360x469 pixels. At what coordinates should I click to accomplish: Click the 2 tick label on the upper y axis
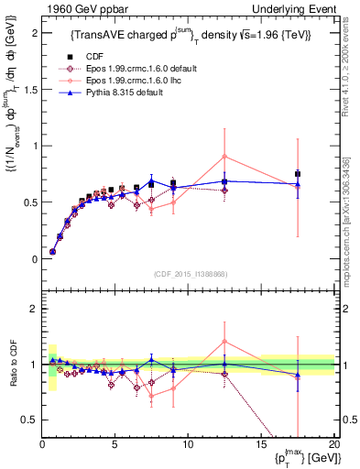tap(34, 32)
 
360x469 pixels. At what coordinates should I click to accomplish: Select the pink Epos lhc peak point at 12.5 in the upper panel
tap(224, 157)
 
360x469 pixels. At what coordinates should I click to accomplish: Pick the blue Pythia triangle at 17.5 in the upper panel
tap(298, 183)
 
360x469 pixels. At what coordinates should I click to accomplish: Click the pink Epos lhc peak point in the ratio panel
tap(224, 341)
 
